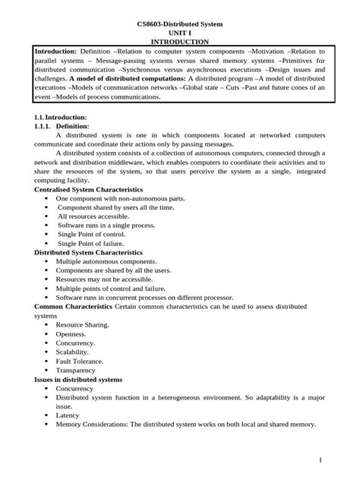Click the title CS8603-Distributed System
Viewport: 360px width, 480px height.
(x=180, y=24)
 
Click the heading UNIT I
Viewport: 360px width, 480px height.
(x=180, y=33)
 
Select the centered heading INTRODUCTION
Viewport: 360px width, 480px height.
(x=180, y=42)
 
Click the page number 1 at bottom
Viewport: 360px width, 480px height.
(x=321, y=460)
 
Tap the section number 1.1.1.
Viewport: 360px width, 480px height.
(x=48, y=125)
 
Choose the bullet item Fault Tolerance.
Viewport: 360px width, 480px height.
(x=80, y=361)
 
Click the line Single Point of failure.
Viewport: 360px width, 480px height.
(x=95, y=243)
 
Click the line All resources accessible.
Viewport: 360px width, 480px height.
(x=95, y=216)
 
